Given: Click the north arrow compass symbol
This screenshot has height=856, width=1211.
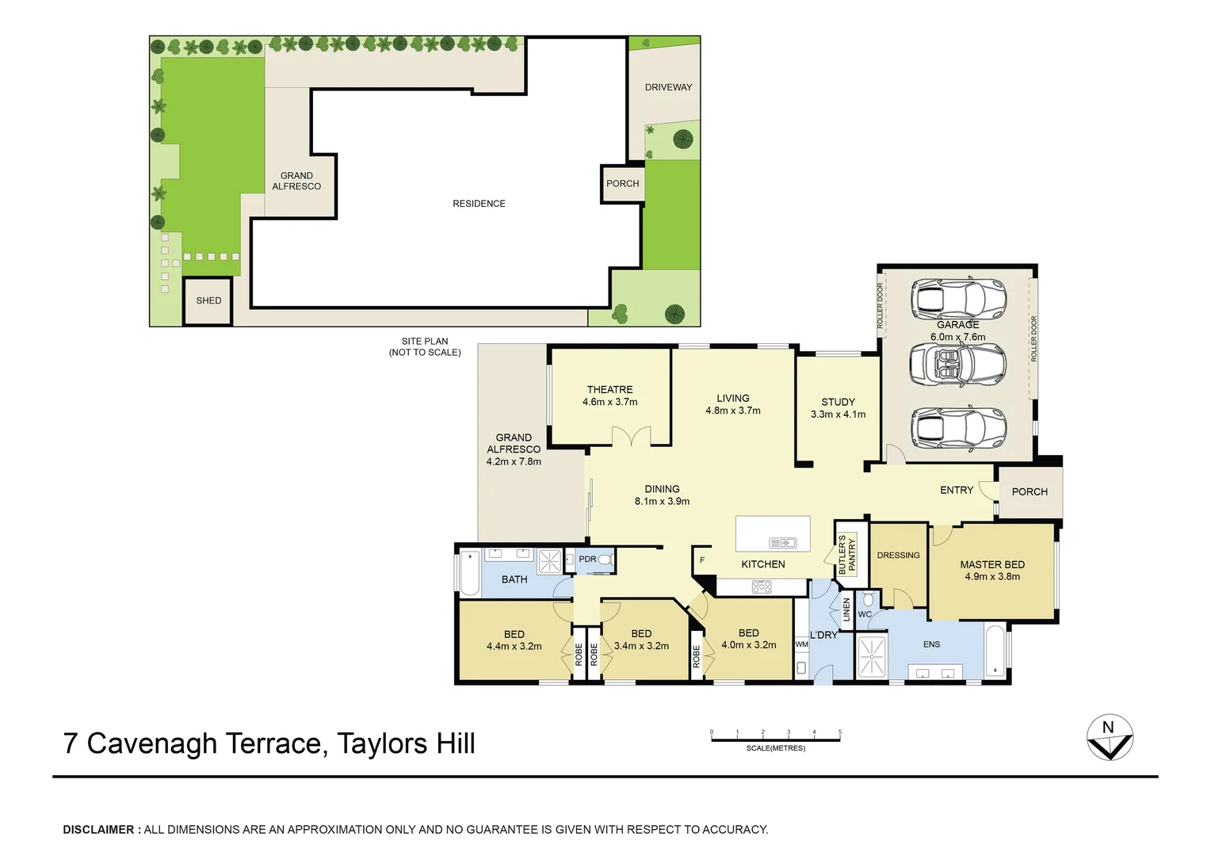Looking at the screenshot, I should [x=1110, y=738].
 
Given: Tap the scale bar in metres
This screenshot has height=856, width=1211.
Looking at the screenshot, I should [x=775, y=740].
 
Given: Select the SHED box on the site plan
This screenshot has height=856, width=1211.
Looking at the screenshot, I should [x=208, y=300].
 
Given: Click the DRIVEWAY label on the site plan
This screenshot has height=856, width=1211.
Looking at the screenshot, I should [x=668, y=87].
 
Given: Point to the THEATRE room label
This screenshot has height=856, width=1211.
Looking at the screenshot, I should [x=609, y=389].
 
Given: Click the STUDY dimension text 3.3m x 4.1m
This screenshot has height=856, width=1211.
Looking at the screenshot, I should [x=838, y=415].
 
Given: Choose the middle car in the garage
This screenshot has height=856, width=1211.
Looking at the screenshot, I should [x=958, y=365].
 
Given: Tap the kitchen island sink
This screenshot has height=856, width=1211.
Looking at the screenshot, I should [x=782, y=543].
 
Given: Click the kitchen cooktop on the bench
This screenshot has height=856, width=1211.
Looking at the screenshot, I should [x=761, y=587].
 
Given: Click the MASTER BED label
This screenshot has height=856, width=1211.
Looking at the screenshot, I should [x=992, y=564].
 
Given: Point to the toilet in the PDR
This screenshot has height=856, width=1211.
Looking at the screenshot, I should [x=605, y=560].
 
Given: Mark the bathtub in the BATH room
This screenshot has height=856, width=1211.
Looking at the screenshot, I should [x=469, y=572].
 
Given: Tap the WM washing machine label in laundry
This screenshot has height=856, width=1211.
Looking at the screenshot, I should [x=801, y=644].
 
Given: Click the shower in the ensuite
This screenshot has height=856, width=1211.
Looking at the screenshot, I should [x=872, y=656].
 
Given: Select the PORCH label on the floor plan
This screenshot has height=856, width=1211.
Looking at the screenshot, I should [x=1030, y=491].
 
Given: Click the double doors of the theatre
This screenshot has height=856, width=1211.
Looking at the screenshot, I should [x=631, y=437].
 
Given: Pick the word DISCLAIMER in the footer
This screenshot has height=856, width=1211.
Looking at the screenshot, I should [x=99, y=830].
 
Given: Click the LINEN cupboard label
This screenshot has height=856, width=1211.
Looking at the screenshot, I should [x=846, y=610].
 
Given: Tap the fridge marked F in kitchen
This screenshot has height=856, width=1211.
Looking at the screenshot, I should [x=701, y=560].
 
